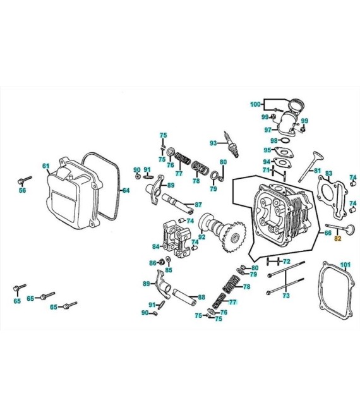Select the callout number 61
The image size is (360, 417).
(x=45, y=166)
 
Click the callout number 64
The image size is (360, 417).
(x=125, y=190)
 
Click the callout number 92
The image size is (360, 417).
(x=202, y=237)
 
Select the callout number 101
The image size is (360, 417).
(x=345, y=264)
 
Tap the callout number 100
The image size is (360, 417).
(x=255, y=104)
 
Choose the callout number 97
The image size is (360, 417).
(x=268, y=130)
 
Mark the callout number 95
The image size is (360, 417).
(x=268, y=150)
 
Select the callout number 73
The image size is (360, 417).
(x=285, y=296)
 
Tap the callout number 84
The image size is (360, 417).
(x=156, y=246)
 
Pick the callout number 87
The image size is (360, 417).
(x=198, y=205)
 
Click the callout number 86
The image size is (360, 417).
(x=152, y=263)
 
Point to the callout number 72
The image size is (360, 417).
(x=286, y=261)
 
